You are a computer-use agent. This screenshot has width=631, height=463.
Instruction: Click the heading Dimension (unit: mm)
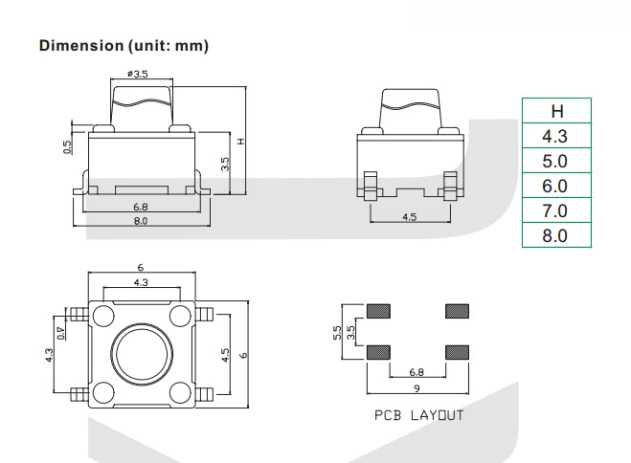click(124, 46)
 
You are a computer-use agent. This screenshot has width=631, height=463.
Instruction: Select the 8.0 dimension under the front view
click(140, 221)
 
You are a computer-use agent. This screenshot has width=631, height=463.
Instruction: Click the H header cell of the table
click(555, 110)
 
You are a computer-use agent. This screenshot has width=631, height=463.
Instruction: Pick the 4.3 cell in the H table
click(555, 136)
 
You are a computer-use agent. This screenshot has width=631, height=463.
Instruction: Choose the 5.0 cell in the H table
click(555, 161)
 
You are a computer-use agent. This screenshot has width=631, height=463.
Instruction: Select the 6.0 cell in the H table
click(555, 186)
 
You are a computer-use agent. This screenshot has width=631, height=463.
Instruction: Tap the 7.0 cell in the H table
click(555, 210)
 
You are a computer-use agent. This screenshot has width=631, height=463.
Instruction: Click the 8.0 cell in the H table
click(555, 235)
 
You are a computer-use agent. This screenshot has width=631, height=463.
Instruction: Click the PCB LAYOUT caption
click(418, 415)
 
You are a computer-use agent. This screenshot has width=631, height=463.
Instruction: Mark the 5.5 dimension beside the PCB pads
click(338, 331)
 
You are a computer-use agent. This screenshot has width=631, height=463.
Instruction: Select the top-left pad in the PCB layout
click(379, 311)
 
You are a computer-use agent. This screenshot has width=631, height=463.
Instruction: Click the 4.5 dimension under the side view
click(409, 217)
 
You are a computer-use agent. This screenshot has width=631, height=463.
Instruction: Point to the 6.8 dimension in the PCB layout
click(417, 371)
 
